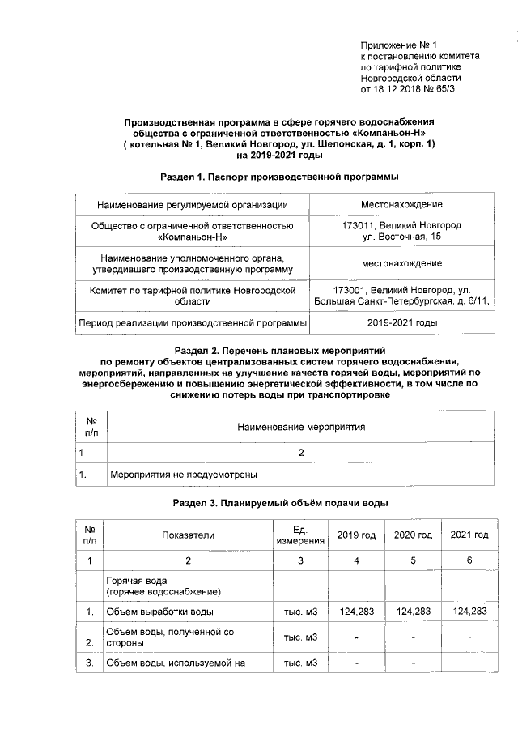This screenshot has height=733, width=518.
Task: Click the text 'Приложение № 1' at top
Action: (x=398, y=45)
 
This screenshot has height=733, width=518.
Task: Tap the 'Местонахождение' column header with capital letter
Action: (x=401, y=204)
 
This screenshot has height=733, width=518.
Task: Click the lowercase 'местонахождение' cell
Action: (x=401, y=263)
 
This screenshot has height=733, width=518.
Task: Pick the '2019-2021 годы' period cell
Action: (x=401, y=322)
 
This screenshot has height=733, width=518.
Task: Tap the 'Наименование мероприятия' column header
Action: (x=300, y=426)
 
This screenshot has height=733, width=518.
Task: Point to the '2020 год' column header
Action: (x=413, y=535)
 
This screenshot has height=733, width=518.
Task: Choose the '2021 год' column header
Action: (x=469, y=535)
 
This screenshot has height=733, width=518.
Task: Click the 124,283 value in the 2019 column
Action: (x=357, y=612)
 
